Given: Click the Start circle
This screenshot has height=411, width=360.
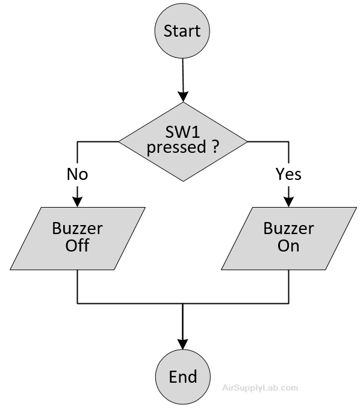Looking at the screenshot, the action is click(x=182, y=31).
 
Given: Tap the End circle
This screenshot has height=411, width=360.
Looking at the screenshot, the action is click(x=183, y=377).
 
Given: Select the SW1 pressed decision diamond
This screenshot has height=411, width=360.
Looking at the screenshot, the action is click(x=183, y=141).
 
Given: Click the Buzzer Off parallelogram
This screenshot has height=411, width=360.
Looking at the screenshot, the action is click(x=78, y=238).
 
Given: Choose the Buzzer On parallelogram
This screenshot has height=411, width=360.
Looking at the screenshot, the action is click(x=289, y=238).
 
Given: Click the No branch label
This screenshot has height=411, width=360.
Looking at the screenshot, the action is click(x=77, y=174).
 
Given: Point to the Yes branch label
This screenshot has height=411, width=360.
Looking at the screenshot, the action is click(x=288, y=174).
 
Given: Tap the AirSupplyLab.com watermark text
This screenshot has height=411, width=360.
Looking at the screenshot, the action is click(x=260, y=388).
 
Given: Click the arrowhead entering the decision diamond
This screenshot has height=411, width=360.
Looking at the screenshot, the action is click(x=183, y=97).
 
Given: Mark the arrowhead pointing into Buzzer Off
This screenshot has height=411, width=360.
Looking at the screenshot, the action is click(x=77, y=202).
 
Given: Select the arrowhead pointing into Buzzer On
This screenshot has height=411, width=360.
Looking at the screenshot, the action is click(x=289, y=202).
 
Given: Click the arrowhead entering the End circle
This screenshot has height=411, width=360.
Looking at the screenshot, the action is click(x=183, y=344).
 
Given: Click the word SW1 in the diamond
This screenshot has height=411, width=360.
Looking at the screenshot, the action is click(x=182, y=132).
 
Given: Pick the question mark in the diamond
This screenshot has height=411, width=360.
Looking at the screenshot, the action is click(x=215, y=147).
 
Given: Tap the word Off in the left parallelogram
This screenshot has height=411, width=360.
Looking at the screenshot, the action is click(x=77, y=246).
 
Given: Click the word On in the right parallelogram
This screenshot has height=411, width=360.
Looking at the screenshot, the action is click(x=288, y=246).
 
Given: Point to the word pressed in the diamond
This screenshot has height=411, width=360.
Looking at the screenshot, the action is click(x=176, y=148).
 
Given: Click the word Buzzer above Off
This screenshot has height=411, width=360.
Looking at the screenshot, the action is click(x=77, y=229).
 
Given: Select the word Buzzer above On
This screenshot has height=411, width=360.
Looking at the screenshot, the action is click(x=289, y=229).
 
